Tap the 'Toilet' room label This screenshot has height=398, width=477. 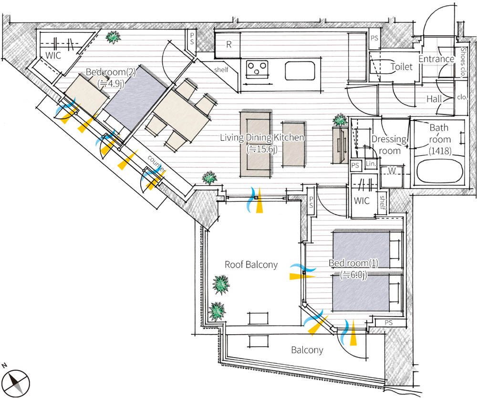point(402,67)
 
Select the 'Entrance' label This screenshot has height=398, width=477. point(436,59)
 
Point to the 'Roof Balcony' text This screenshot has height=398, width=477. point(251,265)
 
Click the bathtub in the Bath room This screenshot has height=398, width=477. point(440,171)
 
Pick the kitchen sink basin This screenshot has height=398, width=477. point(300,71)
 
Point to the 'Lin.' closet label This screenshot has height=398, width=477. point(371,164)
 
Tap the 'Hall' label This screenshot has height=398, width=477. point(434,99)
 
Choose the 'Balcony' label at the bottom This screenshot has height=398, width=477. point(307,350)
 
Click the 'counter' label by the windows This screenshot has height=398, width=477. point(156,165)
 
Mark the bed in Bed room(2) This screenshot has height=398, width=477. point(136,98)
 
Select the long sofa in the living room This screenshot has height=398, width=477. point(256,144)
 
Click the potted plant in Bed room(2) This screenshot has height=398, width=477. point(113,37)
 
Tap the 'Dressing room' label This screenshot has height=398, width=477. point(389,145)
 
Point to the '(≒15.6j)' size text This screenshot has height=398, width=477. point(262,149)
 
